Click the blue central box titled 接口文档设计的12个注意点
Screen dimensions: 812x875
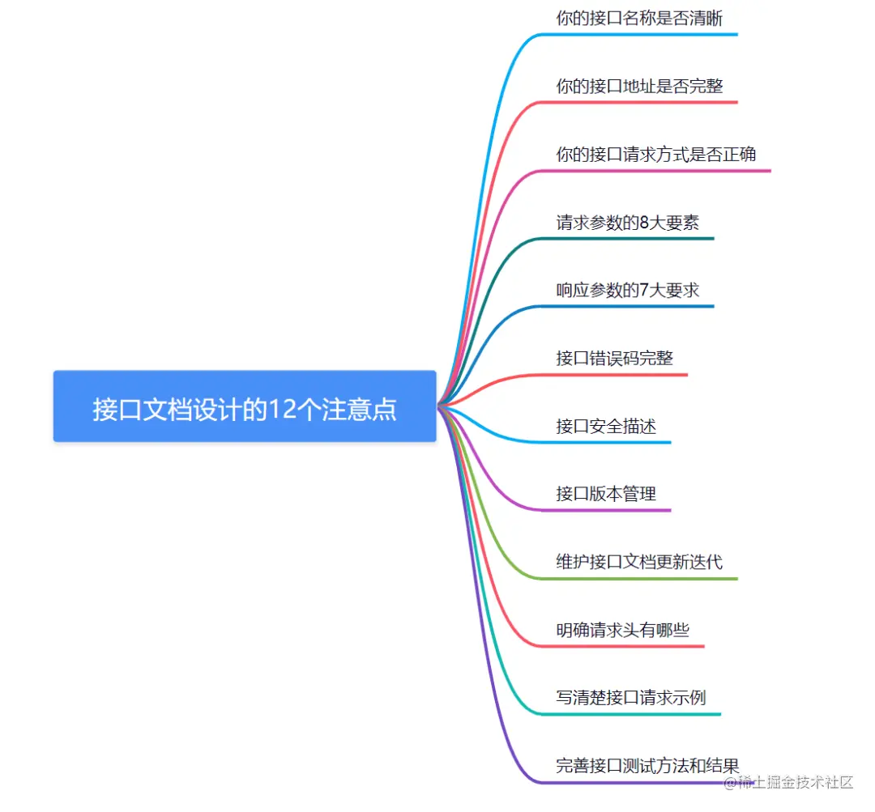coord(245,406)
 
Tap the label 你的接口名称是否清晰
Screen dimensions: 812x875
coord(639,18)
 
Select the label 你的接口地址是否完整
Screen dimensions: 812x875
coord(639,86)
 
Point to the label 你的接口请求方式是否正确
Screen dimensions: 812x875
coord(656,154)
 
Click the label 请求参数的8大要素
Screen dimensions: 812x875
coord(627,223)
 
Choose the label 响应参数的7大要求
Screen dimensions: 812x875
coord(627,290)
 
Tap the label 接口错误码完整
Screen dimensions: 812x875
coord(614,358)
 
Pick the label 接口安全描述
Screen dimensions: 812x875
coord(606,426)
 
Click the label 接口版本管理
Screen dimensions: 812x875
coord(606,494)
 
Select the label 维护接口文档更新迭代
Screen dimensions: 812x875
coord(639,562)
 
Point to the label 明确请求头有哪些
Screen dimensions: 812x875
coord(622,630)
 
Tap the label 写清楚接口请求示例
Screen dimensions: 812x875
coord(631,698)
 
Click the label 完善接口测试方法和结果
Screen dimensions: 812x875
coord(647,765)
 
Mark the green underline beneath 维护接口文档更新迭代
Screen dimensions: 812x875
coord(648,579)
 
